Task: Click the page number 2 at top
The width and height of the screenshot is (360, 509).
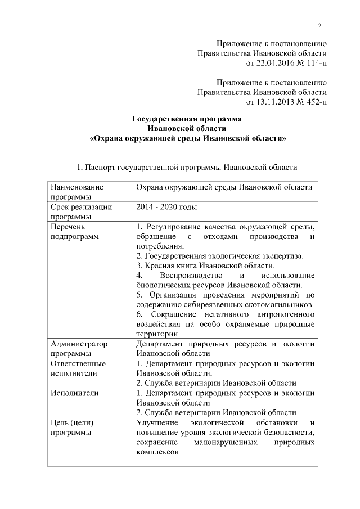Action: [319, 26]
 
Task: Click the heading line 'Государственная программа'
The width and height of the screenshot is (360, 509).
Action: [186, 119]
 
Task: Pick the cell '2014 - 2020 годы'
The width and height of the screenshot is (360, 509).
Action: [166, 207]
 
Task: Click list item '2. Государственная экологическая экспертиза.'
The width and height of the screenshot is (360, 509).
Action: [220, 256]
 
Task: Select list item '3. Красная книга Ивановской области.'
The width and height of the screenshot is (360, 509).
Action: [206, 265]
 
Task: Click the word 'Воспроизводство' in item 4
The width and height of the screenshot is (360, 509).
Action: [187, 276]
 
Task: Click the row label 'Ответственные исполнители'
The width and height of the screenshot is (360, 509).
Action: [78, 368]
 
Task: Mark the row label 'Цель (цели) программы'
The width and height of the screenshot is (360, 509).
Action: [71, 427]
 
